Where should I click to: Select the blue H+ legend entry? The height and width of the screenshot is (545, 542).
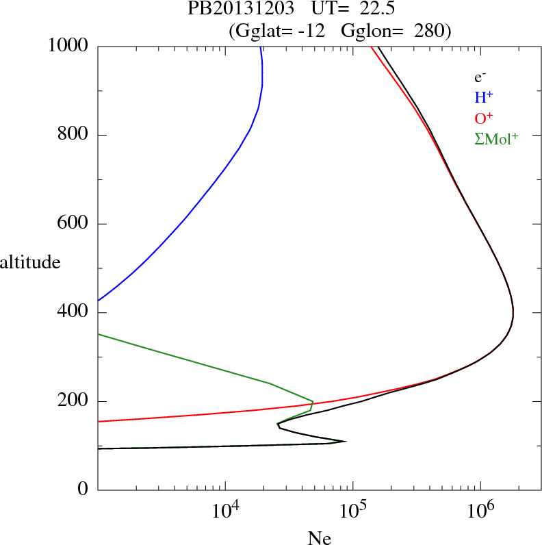pyautogui.click(x=485, y=97)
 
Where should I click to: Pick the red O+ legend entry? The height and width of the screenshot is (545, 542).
pyautogui.click(x=485, y=118)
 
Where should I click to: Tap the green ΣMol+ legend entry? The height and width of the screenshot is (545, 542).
pyautogui.click(x=496, y=138)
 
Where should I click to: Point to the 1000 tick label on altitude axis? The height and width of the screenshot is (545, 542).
pyautogui.click(x=68, y=46)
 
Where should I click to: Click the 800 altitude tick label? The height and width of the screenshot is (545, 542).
pyautogui.click(x=73, y=135)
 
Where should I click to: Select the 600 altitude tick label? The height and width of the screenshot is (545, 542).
pyautogui.click(x=73, y=224)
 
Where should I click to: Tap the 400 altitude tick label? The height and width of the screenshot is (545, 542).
pyautogui.click(x=73, y=313)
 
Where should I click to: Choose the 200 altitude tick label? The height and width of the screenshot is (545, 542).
pyautogui.click(x=73, y=402)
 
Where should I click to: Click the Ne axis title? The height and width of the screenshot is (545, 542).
pyautogui.click(x=319, y=537)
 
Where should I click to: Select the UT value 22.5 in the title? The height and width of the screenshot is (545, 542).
pyautogui.click(x=375, y=9)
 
